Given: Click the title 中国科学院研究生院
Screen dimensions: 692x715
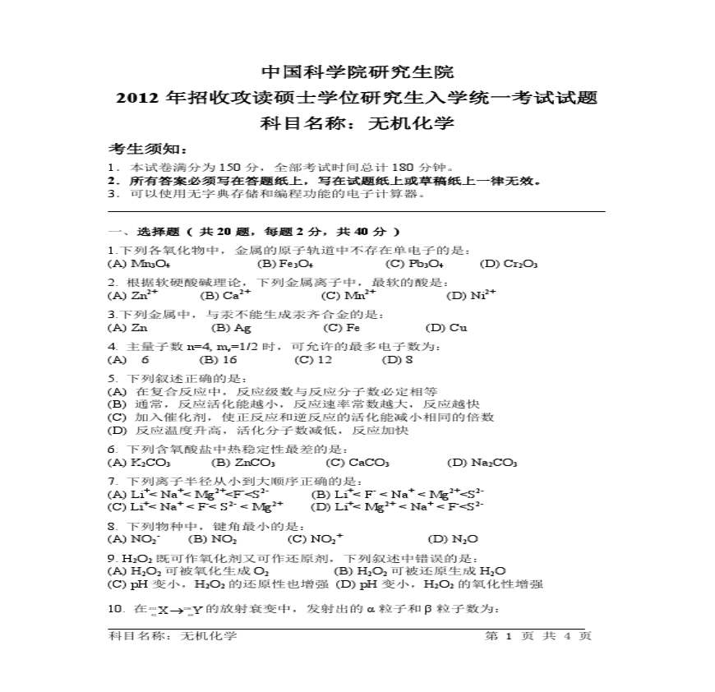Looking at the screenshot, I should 357,72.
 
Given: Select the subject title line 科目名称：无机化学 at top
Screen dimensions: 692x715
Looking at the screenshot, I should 357,124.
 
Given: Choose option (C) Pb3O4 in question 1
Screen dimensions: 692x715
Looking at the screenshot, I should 414,264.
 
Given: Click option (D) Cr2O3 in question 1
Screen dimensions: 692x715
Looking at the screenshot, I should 509,264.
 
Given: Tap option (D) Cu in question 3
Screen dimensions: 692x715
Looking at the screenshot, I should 447,327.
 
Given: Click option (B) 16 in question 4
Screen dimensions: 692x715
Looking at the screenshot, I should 219,359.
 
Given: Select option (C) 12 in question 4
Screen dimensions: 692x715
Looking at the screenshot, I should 313,359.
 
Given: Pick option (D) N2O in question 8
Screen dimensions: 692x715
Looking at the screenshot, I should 453,539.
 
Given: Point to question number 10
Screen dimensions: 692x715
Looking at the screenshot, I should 115,609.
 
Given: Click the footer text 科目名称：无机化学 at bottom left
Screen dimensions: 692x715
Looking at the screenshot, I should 173,635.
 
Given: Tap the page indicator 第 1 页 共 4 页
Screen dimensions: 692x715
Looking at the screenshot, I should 538,635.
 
